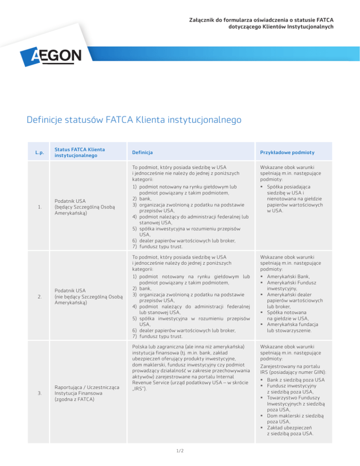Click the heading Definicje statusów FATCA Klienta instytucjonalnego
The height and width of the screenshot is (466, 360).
pyautogui.click(x=134, y=120)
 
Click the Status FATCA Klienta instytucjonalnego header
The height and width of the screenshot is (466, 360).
pyautogui.click(x=79, y=153)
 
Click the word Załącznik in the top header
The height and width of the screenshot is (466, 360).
pyautogui.click(x=202, y=20)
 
